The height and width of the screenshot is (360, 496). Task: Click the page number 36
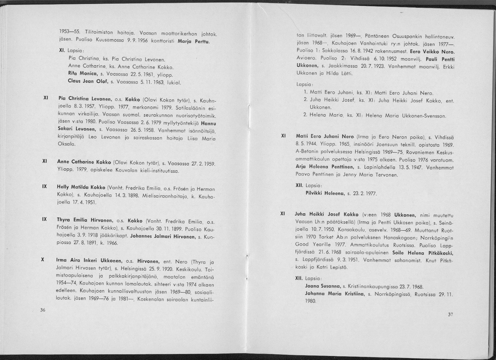click(42, 310)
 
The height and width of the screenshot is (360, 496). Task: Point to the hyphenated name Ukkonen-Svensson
click(423, 116)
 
